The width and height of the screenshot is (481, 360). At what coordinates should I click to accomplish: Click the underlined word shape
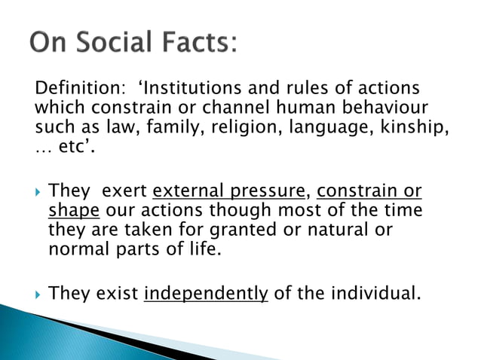[x=69, y=210]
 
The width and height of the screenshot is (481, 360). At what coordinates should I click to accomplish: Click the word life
[x=206, y=248]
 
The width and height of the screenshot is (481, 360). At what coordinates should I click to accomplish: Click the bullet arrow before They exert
[x=38, y=191]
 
